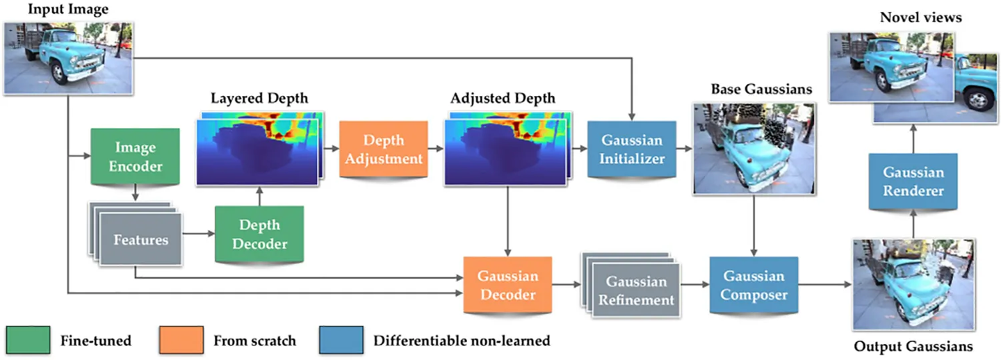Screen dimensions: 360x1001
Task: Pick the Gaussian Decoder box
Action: tap(506, 286)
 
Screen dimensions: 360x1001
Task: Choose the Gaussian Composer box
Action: tap(754, 286)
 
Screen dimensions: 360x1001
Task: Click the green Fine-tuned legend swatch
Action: tap(29, 341)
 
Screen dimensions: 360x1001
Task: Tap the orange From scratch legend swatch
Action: tap(181, 341)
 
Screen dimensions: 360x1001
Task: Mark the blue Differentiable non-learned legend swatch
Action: tap(340, 341)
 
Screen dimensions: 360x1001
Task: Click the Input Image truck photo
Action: tap(68, 57)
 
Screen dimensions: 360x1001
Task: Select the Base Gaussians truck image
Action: tap(753, 147)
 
